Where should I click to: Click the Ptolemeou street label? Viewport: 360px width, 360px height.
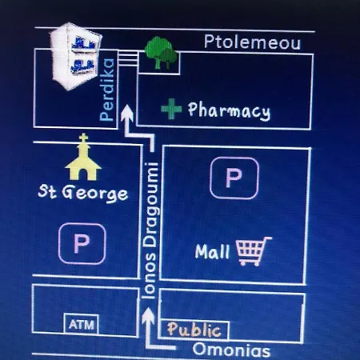pyautogui.click(x=252, y=42)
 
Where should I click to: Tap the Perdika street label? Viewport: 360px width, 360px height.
pyautogui.click(x=107, y=90)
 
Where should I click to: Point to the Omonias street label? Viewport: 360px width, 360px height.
pyautogui.click(x=231, y=350)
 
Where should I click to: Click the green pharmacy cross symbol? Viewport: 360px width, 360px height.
pyautogui.click(x=171, y=109)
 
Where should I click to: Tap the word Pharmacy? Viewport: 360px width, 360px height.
pyautogui.click(x=229, y=110)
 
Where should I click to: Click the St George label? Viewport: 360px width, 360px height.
pyautogui.click(x=82, y=193)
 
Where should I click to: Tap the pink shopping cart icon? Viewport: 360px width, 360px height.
pyautogui.click(x=254, y=251)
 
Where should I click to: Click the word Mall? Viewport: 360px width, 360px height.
pyautogui.click(x=212, y=251)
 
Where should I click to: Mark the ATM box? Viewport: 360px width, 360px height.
pyautogui.click(x=82, y=324)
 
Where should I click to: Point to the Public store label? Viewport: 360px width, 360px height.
pyautogui.click(x=194, y=330)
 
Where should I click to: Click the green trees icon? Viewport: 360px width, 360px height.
pyautogui.click(x=161, y=53)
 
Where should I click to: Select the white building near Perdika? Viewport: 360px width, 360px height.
pyautogui.click(x=76, y=56)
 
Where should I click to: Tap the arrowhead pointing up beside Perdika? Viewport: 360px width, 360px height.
pyautogui.click(x=127, y=112)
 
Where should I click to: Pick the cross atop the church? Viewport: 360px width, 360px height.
pyautogui.click(x=83, y=138)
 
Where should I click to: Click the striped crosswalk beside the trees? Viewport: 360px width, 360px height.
pyautogui.click(x=128, y=58)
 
